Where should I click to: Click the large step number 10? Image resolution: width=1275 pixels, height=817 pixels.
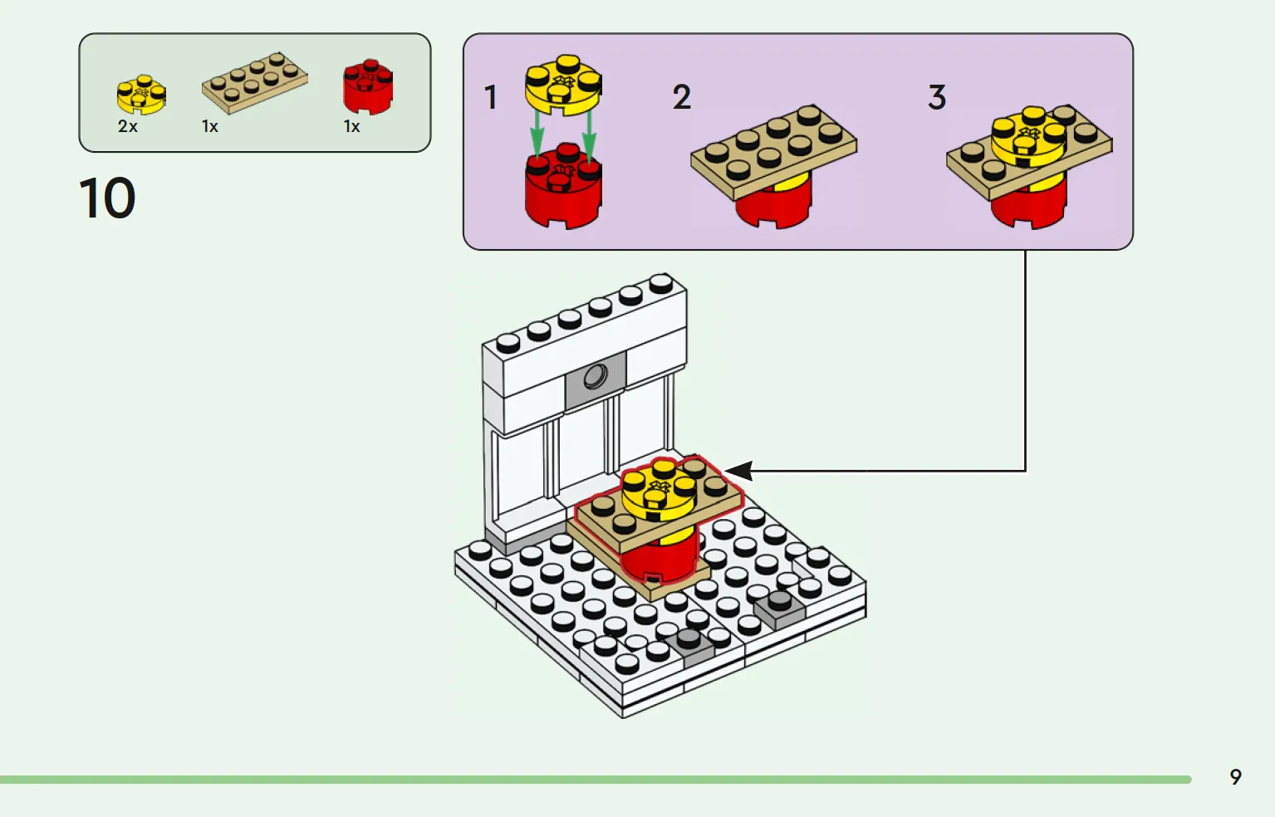[x=107, y=198]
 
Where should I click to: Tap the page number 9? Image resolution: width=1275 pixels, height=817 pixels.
[x=1235, y=776]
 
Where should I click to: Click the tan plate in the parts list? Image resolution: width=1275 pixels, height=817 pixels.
[x=254, y=82]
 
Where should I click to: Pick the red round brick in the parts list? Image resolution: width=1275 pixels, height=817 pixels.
[x=368, y=86]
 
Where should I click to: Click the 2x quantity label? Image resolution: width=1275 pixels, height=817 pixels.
[x=128, y=127]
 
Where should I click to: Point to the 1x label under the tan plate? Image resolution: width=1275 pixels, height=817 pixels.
[x=210, y=127]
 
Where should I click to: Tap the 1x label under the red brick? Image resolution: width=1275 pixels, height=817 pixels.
[x=352, y=127]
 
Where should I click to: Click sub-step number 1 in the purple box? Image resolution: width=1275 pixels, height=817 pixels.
[x=491, y=98]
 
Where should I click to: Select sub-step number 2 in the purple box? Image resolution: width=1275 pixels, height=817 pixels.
[x=682, y=98]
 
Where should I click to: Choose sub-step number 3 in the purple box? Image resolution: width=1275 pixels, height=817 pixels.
[x=937, y=98]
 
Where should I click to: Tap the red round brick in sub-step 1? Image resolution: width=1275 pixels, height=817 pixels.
[x=563, y=193]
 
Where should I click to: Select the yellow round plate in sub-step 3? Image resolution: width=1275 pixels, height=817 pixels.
[x=1028, y=137]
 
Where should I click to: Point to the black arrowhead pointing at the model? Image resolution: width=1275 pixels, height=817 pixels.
[x=739, y=471]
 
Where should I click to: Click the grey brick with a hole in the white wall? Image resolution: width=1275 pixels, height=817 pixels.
[x=595, y=379]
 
